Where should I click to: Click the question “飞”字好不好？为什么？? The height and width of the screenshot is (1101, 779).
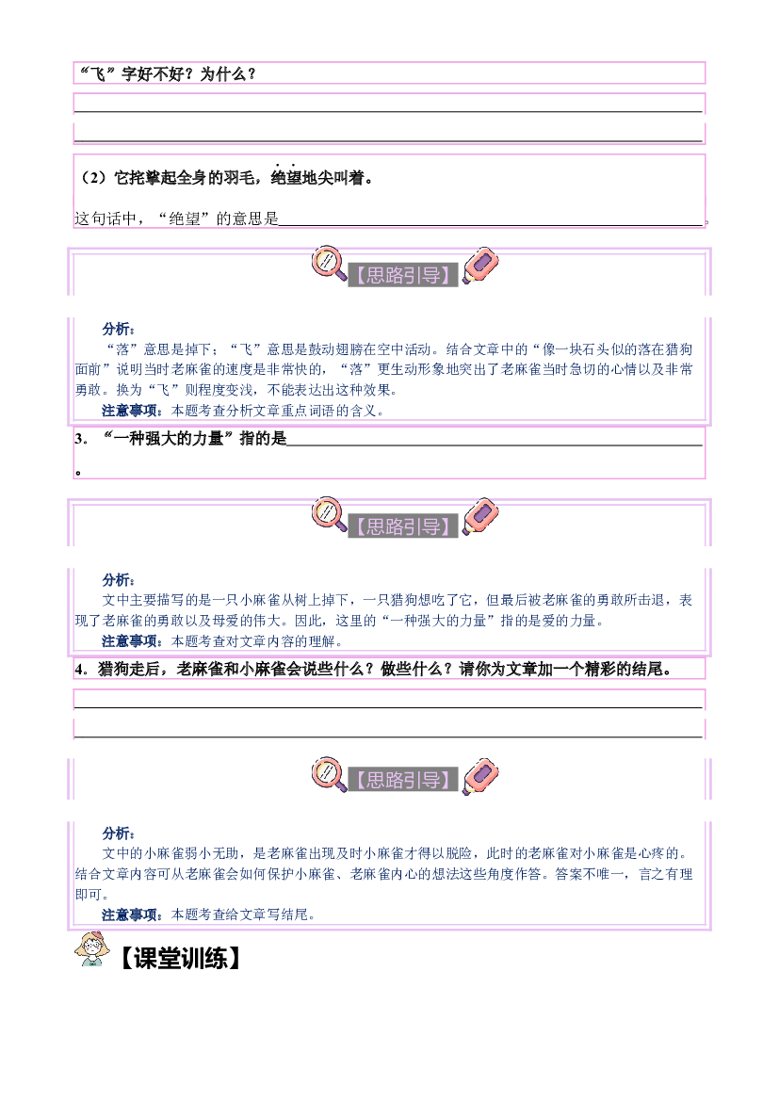pos(167,73)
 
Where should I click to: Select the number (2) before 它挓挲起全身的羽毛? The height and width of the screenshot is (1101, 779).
pos(93,178)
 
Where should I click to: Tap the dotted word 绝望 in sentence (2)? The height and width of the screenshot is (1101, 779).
pos(286,178)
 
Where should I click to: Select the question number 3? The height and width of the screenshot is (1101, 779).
pos(82,439)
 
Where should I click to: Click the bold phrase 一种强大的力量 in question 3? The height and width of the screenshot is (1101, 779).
pos(169,439)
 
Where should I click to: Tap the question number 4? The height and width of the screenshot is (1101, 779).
pos(82,669)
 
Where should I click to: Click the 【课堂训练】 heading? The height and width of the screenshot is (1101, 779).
pos(180,959)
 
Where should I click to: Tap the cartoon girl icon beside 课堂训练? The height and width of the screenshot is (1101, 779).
pos(92,949)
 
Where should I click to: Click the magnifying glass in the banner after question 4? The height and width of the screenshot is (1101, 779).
pos(329,774)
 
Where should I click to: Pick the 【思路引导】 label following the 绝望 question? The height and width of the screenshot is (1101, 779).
pos(403,275)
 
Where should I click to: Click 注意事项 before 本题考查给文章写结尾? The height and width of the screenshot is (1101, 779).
pos(131,915)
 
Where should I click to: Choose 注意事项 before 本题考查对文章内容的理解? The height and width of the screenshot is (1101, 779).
pos(131,641)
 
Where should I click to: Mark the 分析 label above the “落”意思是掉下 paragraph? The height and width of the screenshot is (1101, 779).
pos(117,329)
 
